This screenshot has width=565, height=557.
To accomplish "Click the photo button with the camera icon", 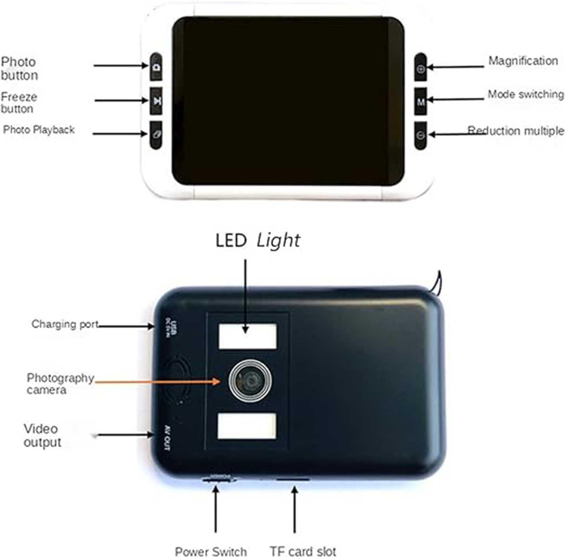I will click(156, 67).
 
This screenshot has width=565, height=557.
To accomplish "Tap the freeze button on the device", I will click(156, 101).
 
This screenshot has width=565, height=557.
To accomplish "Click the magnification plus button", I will click(421, 68).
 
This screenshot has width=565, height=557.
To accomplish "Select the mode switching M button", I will click(421, 101).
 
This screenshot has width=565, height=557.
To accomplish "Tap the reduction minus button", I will click(421, 135).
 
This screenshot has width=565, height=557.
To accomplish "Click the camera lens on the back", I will click(250, 380).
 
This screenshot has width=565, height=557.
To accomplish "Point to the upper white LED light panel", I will click(247, 336).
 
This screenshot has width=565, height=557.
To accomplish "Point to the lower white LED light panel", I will click(247, 426).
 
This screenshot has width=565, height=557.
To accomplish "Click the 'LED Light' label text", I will click(258, 240).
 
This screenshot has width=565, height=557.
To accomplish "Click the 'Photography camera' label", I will click(60, 384).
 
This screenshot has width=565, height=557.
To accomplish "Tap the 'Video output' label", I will click(42, 435).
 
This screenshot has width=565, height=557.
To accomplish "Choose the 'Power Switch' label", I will click(211, 551).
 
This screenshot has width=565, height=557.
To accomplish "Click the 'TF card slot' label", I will click(303, 551).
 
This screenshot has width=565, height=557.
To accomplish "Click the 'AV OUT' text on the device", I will click(167, 438).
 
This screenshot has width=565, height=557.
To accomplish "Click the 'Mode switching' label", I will click(525, 94).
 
